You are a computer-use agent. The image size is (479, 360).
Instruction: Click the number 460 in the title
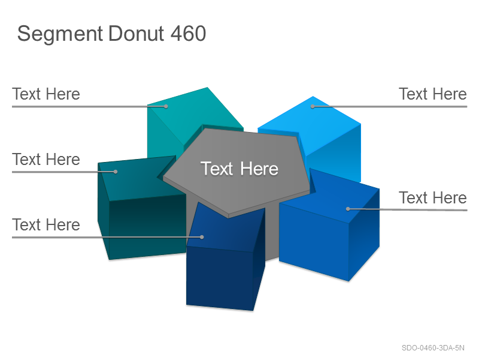click(188, 34)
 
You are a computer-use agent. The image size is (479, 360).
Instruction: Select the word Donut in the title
click(137, 34)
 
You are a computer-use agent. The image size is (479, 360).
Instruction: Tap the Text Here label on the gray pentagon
click(239, 169)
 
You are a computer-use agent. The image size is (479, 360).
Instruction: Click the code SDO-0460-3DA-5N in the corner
click(433, 348)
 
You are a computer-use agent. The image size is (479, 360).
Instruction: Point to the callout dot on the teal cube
click(166, 107)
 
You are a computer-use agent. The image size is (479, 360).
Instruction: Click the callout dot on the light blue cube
click(313, 107)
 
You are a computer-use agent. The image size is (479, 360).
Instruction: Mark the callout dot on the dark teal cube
click(116, 172)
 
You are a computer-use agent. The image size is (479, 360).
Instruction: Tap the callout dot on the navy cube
click(202, 237)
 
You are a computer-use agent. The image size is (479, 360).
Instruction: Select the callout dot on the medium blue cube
click(348, 209)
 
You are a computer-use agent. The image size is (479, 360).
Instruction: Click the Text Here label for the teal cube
click(46, 94)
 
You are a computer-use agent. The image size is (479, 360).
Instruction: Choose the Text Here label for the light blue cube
click(433, 94)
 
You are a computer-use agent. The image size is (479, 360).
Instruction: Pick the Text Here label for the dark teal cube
click(46, 159)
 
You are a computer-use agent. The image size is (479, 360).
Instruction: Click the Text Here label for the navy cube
click(46, 224)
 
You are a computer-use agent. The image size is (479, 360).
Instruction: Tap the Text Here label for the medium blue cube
click(433, 197)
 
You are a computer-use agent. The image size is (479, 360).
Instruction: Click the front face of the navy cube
click(220, 277)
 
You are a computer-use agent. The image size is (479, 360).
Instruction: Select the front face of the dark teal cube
click(147, 227)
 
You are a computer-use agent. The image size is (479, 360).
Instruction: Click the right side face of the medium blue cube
click(364, 234)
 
